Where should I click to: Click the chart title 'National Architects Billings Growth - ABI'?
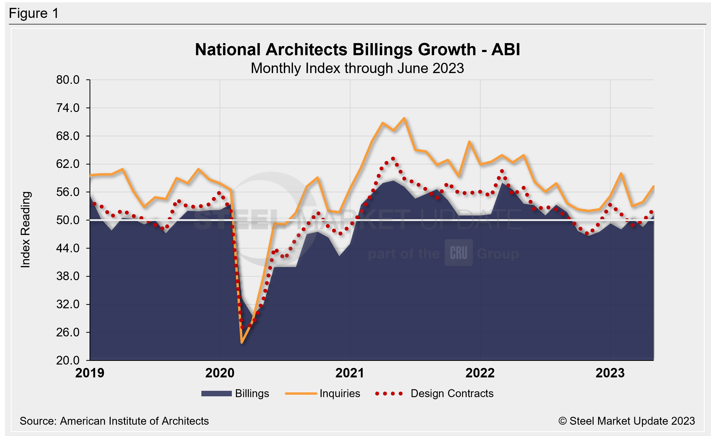[x=357, y=49]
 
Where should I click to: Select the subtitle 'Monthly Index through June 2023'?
[x=357, y=68]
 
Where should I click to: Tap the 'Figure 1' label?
[x=34, y=13]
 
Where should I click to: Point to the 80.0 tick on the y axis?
[x=68, y=80]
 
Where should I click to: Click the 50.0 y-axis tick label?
[x=68, y=220]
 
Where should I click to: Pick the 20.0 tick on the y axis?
[x=68, y=361]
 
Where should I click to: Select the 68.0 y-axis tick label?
[x=68, y=136]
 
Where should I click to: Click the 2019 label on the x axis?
[x=90, y=373]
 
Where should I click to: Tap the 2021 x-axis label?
[x=350, y=373]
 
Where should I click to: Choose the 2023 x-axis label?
[x=610, y=373]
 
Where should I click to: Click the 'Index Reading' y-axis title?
[x=26, y=229]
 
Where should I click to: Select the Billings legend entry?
[x=235, y=393]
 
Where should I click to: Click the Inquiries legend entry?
[x=323, y=393]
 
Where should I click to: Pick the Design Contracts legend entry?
[x=435, y=393]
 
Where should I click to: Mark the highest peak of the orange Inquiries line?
[x=404, y=118]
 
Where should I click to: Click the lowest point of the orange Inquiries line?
[x=242, y=343]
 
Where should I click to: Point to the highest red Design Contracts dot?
[x=393, y=159]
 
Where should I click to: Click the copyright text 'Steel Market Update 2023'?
[x=626, y=421]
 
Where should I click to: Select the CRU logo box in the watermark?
[x=458, y=253]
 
